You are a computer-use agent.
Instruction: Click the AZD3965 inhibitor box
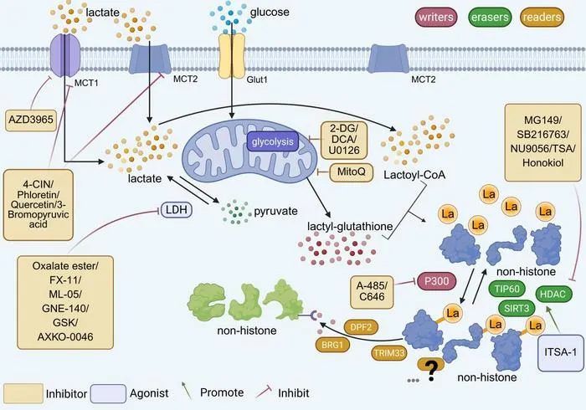tap(31, 120)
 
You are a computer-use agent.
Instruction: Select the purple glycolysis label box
tap(272, 141)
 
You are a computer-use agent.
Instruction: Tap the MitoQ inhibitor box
tap(351, 172)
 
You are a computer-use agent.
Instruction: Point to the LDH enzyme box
tap(177, 210)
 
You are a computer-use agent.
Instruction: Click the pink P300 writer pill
tap(436, 281)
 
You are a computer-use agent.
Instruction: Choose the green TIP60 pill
tap(506, 289)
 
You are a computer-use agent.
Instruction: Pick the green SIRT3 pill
tap(517, 308)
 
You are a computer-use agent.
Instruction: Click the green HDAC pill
tap(553, 294)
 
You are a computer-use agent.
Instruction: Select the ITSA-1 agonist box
tap(561, 352)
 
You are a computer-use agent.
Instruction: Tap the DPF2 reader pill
tap(361, 327)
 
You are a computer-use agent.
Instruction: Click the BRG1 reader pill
tap(332, 345)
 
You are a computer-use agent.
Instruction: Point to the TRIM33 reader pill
tap(389, 353)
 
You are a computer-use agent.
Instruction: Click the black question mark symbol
tap(431, 370)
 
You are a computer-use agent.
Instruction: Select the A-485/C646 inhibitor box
tap(372, 292)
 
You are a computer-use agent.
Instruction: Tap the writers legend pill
tap(436, 17)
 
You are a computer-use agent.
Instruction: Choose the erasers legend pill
tap(490, 18)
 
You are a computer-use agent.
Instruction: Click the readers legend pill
tap(542, 18)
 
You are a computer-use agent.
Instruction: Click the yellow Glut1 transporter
tap(231, 56)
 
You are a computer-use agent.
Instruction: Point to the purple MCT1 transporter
tap(65, 54)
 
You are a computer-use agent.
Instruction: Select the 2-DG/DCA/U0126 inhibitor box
tap(344, 140)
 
